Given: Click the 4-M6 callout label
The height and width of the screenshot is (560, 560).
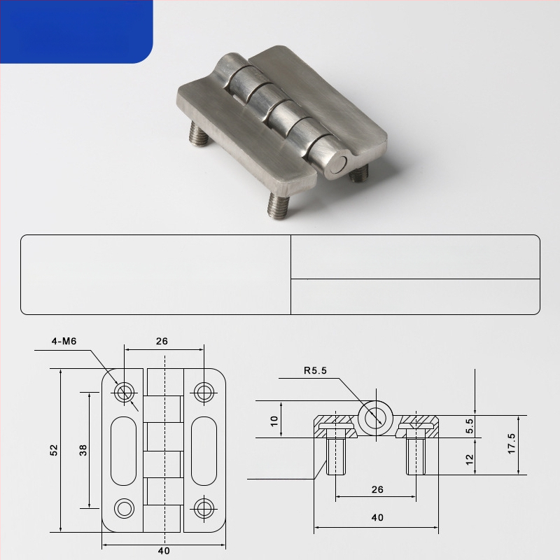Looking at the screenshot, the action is click(x=64, y=342).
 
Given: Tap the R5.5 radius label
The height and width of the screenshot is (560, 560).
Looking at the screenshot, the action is click(x=316, y=371).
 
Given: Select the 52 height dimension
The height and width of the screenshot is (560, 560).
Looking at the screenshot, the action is click(x=54, y=450).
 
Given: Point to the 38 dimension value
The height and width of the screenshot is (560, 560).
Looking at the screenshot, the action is click(x=83, y=450).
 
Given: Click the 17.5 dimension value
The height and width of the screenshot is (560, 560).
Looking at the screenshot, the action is click(x=512, y=444).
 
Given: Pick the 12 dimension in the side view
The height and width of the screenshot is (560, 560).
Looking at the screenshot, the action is click(x=470, y=459).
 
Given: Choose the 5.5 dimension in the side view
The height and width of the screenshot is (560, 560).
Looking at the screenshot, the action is click(x=470, y=426).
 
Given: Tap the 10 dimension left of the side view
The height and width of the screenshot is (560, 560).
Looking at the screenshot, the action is click(x=274, y=421).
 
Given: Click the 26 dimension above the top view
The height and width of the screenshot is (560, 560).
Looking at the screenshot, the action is click(x=162, y=342).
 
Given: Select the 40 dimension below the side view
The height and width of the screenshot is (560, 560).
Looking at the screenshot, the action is click(x=377, y=517).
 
